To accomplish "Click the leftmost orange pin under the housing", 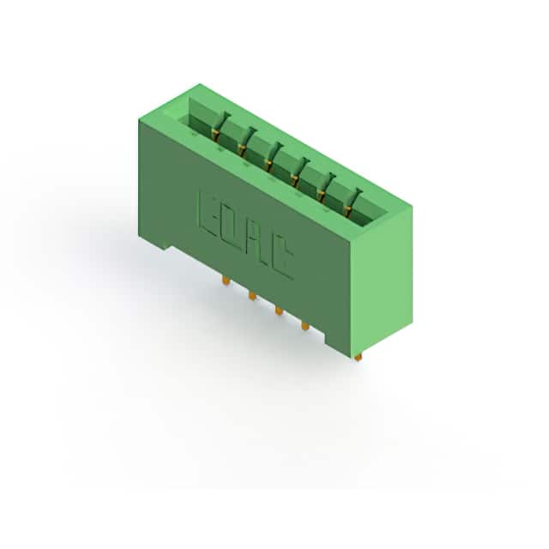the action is click(226, 281).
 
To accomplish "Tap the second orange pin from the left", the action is click(252, 295).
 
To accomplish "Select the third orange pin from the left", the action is click(279, 311).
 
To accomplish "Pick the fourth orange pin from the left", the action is click(305, 326).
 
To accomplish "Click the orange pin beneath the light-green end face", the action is click(358, 357).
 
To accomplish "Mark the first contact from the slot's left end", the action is click(218, 127).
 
